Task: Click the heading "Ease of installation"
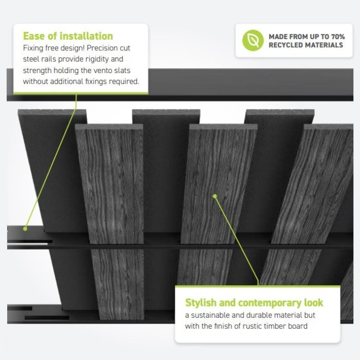pyautogui.click(x=68, y=36)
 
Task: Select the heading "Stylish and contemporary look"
pyautogui.click(x=254, y=302)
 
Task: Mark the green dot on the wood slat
pyautogui.click(x=215, y=196)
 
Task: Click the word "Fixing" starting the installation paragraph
pyautogui.click(x=33, y=48)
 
